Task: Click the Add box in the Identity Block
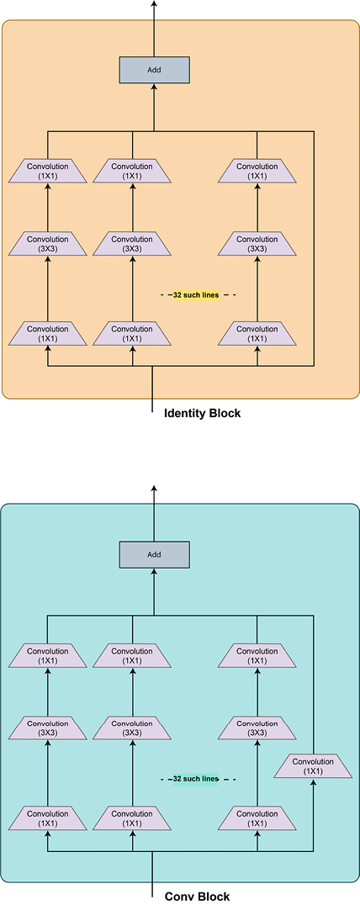tap(154, 70)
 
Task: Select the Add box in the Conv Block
tap(154, 554)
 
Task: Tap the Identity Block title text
tap(203, 413)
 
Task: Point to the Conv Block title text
tap(198, 897)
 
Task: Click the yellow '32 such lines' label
tap(196, 295)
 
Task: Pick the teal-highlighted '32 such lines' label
tap(196, 779)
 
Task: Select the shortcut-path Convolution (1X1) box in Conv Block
tap(313, 766)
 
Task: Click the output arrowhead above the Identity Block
tap(154, 3)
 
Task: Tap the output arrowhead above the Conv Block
tap(154, 489)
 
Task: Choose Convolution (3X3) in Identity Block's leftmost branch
tap(48, 244)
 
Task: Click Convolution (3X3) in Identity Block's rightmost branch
tap(257, 244)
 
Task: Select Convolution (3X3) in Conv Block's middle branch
tap(133, 728)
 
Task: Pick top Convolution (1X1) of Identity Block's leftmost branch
tap(48, 172)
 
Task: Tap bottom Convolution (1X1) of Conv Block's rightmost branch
tap(257, 818)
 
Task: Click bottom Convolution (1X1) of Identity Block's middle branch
tap(133, 334)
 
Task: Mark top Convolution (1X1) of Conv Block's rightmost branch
tap(257, 656)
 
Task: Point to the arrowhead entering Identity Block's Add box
tap(154, 87)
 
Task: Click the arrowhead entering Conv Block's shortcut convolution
tap(314, 782)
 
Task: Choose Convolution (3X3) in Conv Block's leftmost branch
tap(48, 728)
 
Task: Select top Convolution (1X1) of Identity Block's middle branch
tap(133, 172)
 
